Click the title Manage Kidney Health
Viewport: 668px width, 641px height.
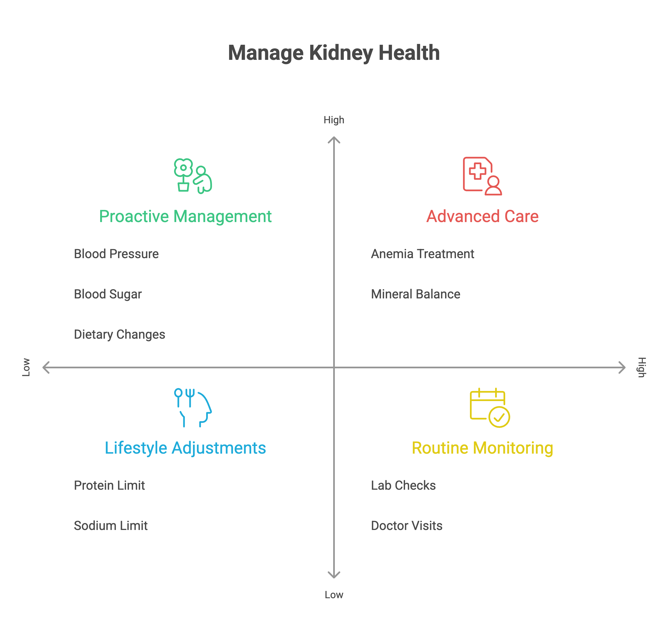pos(334,53)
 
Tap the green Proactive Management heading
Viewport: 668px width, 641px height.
pos(185,216)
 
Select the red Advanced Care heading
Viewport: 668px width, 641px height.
pos(482,216)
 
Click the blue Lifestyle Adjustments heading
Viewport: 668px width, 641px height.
pos(185,448)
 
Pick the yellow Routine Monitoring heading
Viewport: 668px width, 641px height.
pos(482,448)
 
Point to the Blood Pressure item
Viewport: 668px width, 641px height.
pos(116,254)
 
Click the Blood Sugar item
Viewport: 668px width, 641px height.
pos(108,294)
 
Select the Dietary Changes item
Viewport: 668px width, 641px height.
pos(119,334)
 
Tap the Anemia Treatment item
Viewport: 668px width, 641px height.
pos(422,254)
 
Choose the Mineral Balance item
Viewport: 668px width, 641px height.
pos(415,294)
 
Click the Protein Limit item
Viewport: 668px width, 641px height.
pos(109,485)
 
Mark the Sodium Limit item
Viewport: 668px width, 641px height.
pos(110,525)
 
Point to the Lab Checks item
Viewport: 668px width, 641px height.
pos(403,485)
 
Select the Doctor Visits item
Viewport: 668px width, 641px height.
pos(407,525)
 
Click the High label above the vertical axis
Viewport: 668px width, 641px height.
pos(334,120)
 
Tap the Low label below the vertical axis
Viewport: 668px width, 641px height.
pos(334,595)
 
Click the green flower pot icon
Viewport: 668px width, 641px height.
pos(183,186)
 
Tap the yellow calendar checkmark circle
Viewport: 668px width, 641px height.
pos(499,417)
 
